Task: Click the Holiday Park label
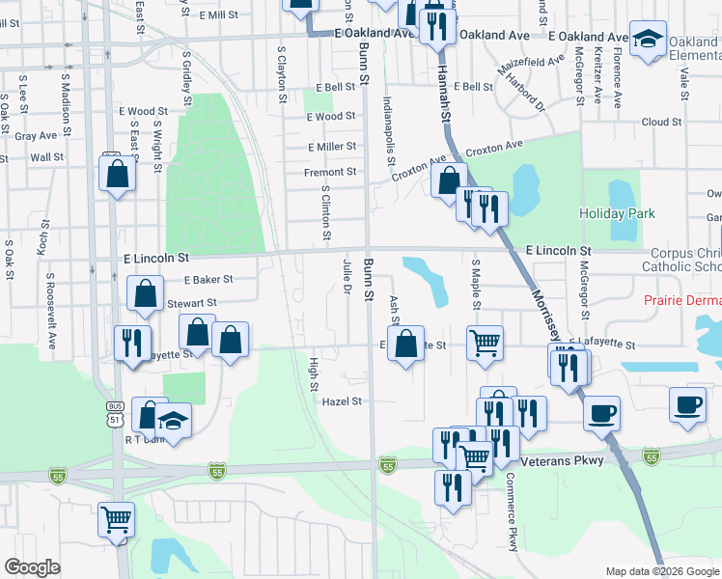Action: click(x=617, y=213)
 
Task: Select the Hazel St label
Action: click(x=342, y=401)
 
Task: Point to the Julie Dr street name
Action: click(x=346, y=275)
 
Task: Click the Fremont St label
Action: click(x=331, y=172)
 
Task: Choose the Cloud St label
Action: click(x=661, y=123)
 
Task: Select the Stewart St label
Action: click(x=191, y=303)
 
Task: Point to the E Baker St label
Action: click(x=208, y=280)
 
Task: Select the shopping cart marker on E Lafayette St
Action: click(x=485, y=342)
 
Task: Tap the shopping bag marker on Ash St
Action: click(x=406, y=343)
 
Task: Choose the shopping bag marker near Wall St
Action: click(x=117, y=174)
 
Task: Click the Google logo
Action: click(x=32, y=567)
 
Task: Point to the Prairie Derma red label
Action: click(x=682, y=300)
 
